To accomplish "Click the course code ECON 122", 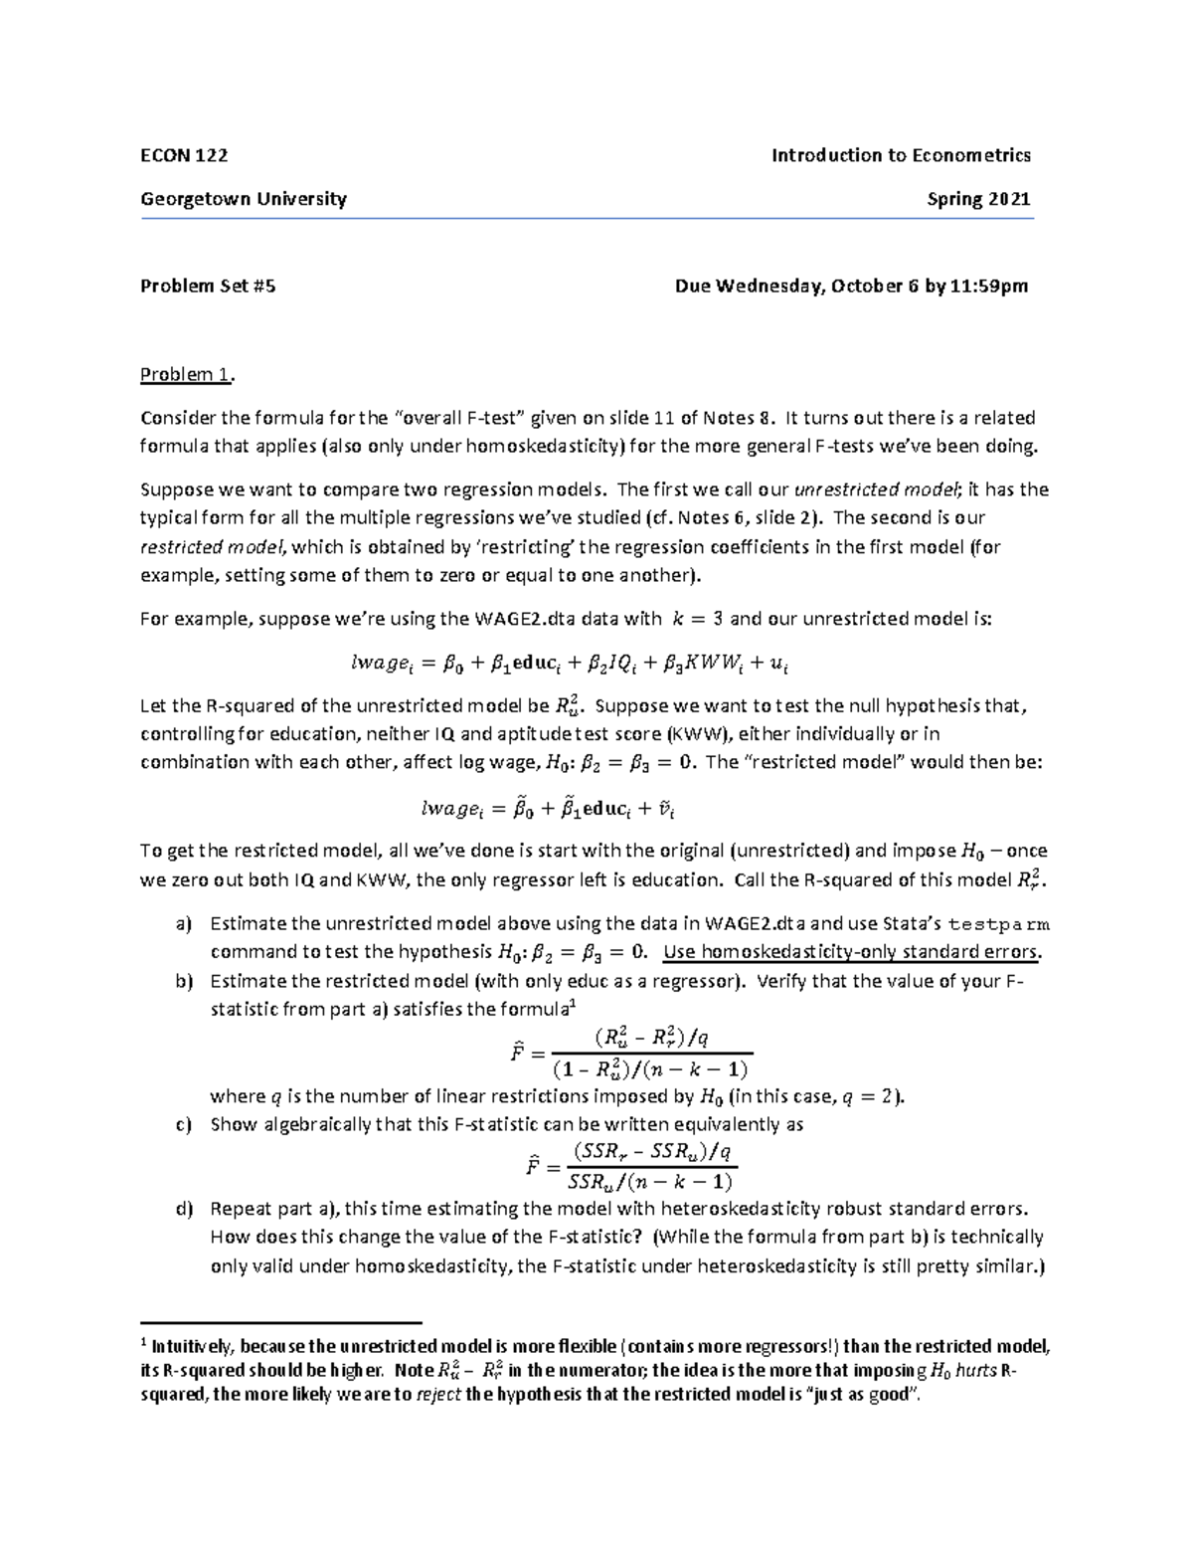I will pos(184,155).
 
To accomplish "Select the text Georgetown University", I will pos(244,199).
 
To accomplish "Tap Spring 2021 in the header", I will pos(978,199).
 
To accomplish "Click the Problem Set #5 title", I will pos(208,287).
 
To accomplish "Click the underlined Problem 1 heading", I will pos(188,375).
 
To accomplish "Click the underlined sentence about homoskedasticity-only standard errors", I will pos(852,952).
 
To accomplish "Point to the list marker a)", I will pos(183,924).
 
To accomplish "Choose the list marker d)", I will pos(183,1210).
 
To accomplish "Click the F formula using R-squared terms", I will pos(630,1053).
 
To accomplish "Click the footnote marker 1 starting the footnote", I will pos(145,1342).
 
